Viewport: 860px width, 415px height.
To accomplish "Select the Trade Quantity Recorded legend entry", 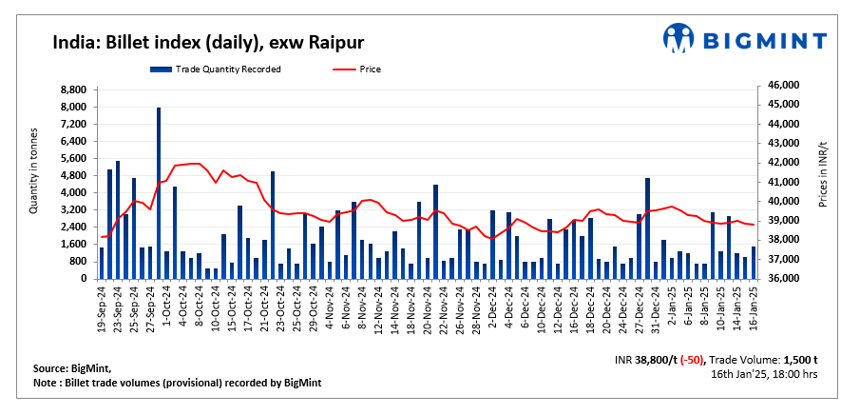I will pyautogui.click(x=215, y=69).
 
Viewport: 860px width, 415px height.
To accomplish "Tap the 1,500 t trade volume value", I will pyautogui.click(x=802, y=360).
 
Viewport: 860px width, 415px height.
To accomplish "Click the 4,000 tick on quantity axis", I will pyautogui.click(x=73, y=193).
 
